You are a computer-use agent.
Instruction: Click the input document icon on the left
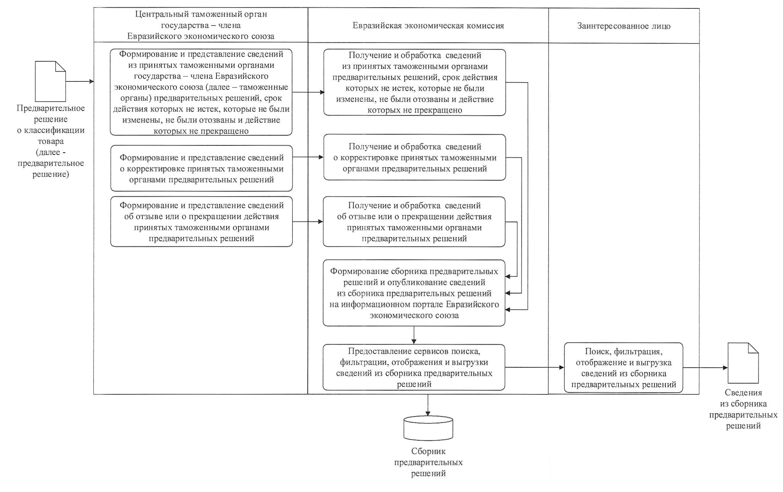tap(50, 81)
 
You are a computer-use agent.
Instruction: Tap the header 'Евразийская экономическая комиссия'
tap(428, 26)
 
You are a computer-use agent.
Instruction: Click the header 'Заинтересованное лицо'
tap(623, 26)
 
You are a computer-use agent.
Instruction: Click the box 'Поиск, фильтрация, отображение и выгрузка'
tap(623, 368)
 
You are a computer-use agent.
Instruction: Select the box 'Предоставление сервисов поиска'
tap(414, 367)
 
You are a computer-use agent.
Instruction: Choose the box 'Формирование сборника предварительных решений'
tap(414, 293)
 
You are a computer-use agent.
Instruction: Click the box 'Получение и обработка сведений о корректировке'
tap(414, 157)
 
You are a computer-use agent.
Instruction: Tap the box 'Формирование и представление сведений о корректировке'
tap(201, 168)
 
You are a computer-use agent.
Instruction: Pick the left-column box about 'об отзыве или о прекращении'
tap(201, 222)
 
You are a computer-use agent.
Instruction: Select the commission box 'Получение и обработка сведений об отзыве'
tap(414, 222)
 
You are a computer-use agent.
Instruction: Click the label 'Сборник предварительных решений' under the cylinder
tap(428, 462)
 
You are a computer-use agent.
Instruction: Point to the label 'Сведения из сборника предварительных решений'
tap(743, 409)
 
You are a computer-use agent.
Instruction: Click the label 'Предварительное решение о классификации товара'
tap(51, 141)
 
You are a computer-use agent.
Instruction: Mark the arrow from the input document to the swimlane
tap(80, 81)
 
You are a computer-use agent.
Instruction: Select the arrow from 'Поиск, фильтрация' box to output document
tap(705, 368)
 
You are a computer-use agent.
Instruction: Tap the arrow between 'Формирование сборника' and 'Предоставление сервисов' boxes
tap(414, 335)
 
